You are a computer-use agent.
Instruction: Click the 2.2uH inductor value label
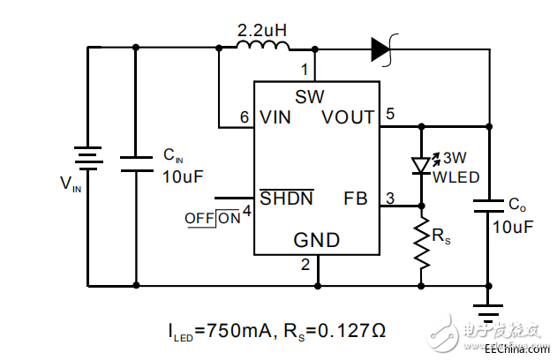(x=262, y=30)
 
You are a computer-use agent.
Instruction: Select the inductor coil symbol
(x=262, y=48)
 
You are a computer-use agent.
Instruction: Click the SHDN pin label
(x=286, y=198)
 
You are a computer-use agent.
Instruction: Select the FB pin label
(x=355, y=198)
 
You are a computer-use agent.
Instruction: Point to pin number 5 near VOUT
(x=389, y=112)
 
